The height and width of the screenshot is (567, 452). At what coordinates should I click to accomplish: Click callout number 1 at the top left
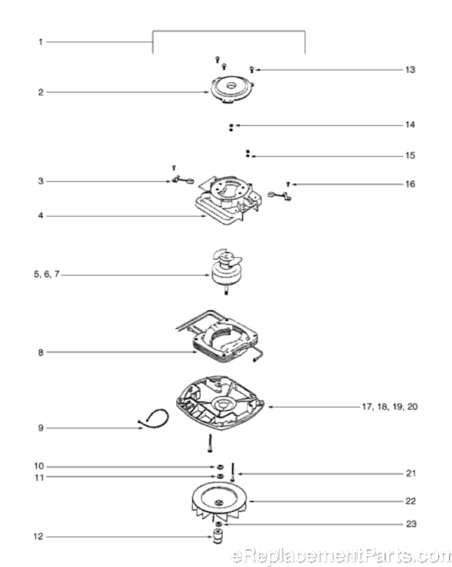click(x=40, y=41)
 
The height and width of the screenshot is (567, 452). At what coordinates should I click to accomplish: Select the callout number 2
click(x=40, y=92)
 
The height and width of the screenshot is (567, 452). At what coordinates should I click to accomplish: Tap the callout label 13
click(x=410, y=70)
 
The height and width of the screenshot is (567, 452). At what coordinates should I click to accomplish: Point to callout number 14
click(x=410, y=124)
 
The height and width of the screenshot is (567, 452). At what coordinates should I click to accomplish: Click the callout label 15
click(x=410, y=156)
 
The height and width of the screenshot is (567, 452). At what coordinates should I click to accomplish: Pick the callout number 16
click(x=410, y=185)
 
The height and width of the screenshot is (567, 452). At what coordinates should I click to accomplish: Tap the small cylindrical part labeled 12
click(x=218, y=533)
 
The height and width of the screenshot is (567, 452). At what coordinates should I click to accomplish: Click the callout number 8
click(x=40, y=352)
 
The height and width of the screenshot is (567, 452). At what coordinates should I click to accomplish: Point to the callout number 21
click(x=410, y=474)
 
